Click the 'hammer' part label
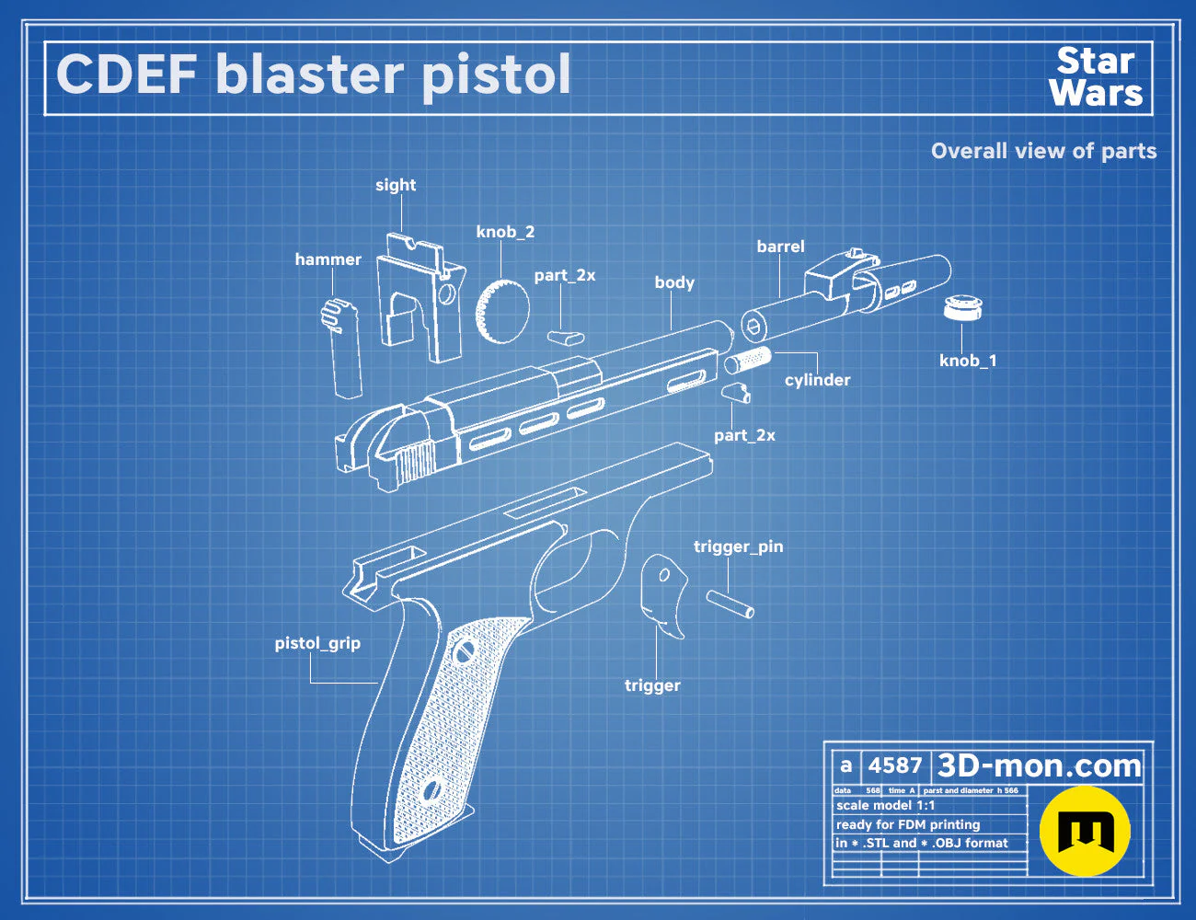click(x=328, y=259)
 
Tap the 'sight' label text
click(x=396, y=186)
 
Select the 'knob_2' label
click(x=505, y=232)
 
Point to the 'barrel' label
click(x=780, y=246)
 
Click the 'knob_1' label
click(x=968, y=361)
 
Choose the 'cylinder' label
click(x=817, y=380)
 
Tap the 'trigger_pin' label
click(x=738, y=546)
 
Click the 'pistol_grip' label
click(x=317, y=643)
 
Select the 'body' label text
click(x=674, y=282)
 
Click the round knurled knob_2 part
click(x=502, y=312)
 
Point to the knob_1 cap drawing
click(x=962, y=307)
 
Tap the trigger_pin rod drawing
click(x=730, y=604)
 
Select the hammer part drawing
click(x=342, y=347)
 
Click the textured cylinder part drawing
click(x=747, y=360)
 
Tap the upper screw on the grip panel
click(x=461, y=652)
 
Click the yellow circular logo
click(x=1085, y=832)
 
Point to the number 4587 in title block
click(x=895, y=765)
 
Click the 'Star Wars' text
click(x=1096, y=77)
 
